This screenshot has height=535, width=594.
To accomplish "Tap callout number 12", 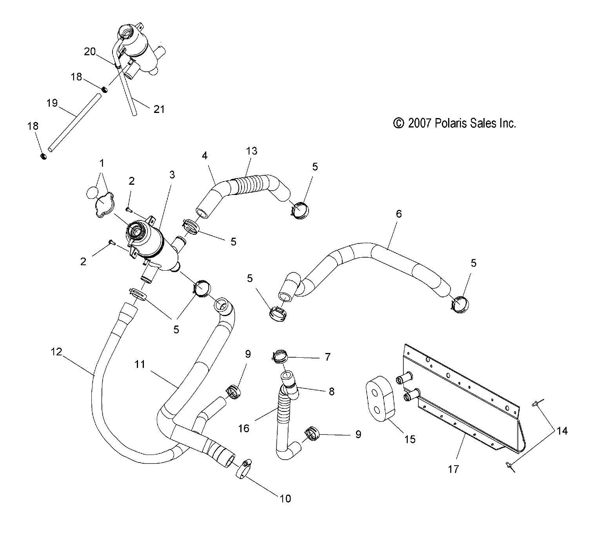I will point(56,352).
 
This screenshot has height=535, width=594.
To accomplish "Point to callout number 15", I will point(409,439).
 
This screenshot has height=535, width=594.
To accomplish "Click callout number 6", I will point(399,214).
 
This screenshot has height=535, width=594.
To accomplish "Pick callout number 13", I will point(251,151).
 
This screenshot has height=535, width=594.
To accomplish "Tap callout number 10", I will point(285,499).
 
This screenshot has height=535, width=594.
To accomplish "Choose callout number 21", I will point(159,109).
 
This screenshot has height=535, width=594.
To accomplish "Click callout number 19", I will point(52,103).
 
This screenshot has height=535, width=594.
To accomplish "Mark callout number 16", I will point(243,428).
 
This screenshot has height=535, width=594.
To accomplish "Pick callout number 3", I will point(172,175).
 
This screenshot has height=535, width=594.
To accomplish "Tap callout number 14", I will point(562,431).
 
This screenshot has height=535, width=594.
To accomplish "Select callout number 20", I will point(90,51).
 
